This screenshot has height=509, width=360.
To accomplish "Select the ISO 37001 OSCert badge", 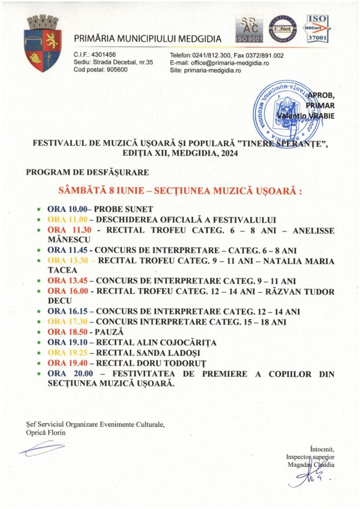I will point(318,28).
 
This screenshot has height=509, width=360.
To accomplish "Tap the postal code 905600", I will point(115,70).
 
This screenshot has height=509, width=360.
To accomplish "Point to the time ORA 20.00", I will point(67,373).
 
